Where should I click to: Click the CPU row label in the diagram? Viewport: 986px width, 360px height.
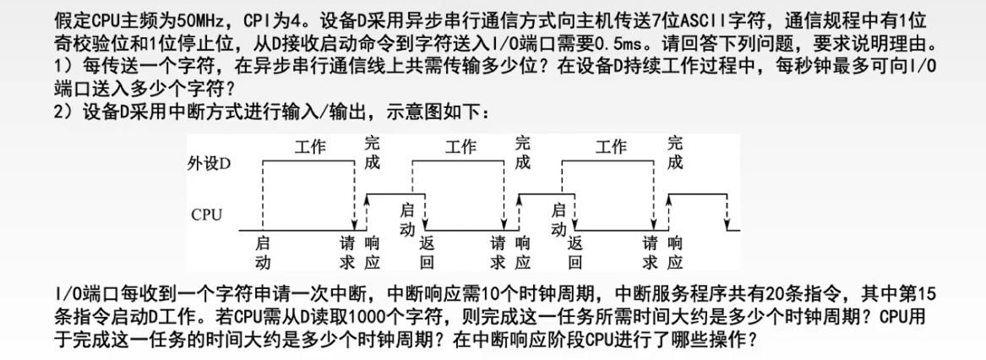click(x=207, y=215)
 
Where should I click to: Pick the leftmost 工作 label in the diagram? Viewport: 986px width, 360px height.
click(x=309, y=147)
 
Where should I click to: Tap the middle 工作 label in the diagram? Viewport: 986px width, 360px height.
click(x=460, y=147)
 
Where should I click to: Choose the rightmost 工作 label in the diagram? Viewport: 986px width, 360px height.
click(x=610, y=147)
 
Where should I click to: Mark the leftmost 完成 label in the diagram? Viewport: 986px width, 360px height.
click(x=373, y=153)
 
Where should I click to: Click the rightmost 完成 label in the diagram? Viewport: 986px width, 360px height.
click(x=674, y=153)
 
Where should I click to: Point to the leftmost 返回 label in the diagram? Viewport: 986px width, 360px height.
click(x=427, y=251)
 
